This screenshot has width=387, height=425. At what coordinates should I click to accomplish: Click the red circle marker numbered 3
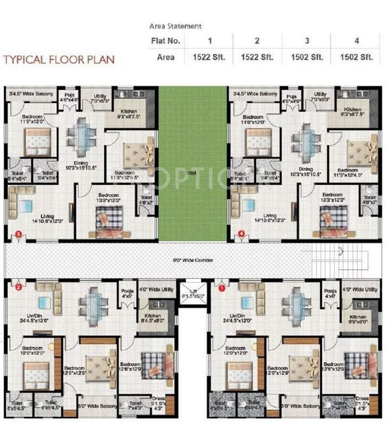[19, 235]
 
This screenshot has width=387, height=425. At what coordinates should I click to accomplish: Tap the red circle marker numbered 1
[222, 288]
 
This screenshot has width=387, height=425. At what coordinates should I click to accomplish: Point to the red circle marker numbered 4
[242, 235]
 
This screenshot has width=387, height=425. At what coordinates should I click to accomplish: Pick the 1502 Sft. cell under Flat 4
[354, 57]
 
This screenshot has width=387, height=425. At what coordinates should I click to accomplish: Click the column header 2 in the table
[257, 42]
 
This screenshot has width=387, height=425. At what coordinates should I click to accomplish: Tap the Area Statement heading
[176, 26]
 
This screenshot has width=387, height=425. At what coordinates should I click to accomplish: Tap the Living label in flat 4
[269, 216]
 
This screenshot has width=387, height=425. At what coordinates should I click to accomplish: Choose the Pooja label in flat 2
[127, 291]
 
